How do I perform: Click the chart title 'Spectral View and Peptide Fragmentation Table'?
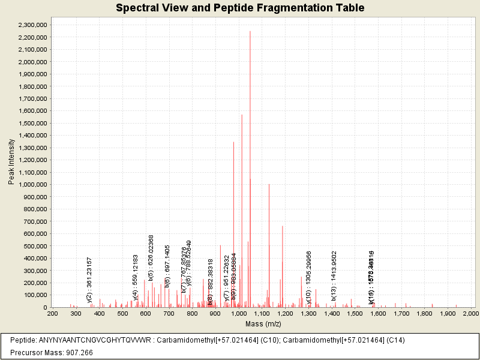click(240, 8)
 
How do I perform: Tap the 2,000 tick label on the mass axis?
click(470, 313)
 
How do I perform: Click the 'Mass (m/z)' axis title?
click(262, 323)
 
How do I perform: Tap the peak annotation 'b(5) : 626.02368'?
click(151, 258)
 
